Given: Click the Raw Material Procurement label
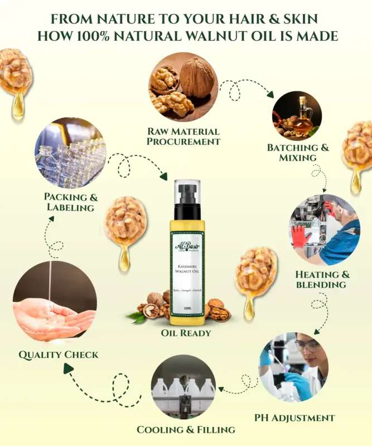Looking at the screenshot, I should coord(183,137).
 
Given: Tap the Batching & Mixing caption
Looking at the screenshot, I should coord(298,152).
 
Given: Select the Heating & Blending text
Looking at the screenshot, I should coord(323,279).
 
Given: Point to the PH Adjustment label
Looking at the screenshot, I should coord(294,418).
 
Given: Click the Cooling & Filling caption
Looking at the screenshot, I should coord(186,429).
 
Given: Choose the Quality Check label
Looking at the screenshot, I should coord(58,355).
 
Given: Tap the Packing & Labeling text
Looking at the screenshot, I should coord(70,202).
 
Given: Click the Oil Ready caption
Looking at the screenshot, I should coord(186,333).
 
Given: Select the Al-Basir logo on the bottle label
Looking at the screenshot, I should coord(186,246).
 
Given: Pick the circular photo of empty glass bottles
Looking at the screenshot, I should coord(70,152).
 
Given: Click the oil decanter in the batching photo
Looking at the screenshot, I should coord(303,114).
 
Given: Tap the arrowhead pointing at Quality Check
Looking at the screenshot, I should coord(69,368).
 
